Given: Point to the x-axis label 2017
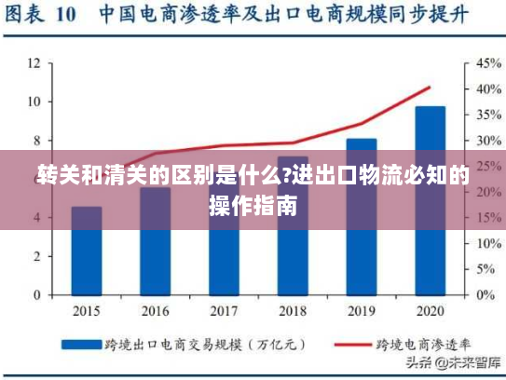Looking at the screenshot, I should (224, 310).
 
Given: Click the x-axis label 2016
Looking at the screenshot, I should (155, 310).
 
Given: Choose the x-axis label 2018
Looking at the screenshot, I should (293, 310).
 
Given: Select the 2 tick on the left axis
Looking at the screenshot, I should (36, 256).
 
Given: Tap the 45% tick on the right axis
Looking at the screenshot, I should (488, 63).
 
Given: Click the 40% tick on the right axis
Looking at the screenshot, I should (488, 89).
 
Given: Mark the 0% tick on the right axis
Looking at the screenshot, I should (485, 294).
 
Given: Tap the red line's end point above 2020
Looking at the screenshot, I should (430, 88).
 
